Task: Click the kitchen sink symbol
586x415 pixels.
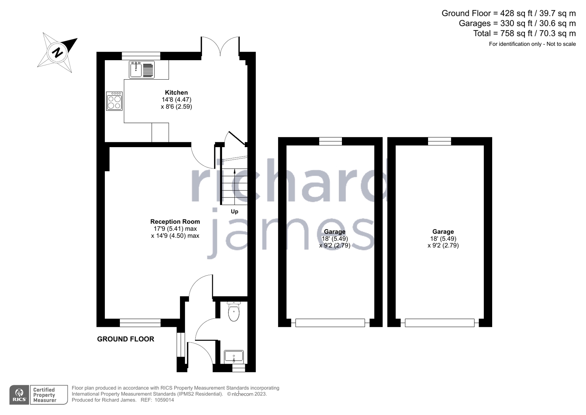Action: pos(141,70)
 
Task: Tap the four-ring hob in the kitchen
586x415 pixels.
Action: pos(114,101)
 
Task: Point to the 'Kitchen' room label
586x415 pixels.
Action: pos(176,92)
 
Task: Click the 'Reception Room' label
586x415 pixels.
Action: pos(175,222)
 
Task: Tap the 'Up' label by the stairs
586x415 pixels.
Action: pos(235,211)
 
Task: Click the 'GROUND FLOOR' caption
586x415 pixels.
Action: pos(126,339)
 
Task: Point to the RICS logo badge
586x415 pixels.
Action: pos(19,395)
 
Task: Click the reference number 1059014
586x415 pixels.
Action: pos(164,400)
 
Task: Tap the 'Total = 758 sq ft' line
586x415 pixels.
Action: pos(524,33)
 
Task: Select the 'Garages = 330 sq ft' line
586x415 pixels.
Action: pos(517,23)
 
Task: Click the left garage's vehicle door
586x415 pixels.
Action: pos(330,323)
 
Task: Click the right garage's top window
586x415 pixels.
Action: pos(439,141)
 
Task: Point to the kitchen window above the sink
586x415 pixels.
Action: pos(141,56)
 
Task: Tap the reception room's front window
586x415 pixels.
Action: pos(140,323)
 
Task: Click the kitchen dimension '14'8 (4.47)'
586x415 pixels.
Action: pos(177,99)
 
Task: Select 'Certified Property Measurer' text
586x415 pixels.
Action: pos(45,395)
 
